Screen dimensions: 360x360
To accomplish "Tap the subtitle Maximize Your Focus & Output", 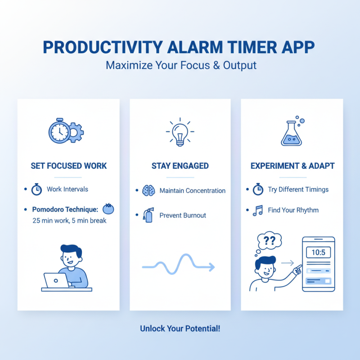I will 181,65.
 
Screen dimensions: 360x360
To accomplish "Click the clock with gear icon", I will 66,131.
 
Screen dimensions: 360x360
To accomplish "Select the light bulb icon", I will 180,132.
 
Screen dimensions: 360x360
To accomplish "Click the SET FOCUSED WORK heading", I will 69,166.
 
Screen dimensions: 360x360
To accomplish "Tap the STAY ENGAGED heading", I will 180,166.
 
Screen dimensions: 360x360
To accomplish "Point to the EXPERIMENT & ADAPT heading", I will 292,166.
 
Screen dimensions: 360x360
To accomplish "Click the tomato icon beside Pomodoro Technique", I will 108,209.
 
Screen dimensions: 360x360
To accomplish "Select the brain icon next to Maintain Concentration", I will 148,191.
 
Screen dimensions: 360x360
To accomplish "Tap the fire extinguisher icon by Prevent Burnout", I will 148,216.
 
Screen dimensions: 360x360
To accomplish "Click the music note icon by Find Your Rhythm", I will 258,210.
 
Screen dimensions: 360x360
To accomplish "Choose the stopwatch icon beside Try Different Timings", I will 258,189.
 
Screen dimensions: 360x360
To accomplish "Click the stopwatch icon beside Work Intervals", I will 36,189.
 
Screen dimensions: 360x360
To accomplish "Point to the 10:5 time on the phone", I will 318,252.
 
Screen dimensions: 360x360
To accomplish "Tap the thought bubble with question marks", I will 269,241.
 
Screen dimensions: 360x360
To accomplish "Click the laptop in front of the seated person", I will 56,280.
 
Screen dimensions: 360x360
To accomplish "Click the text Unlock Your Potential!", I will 180,328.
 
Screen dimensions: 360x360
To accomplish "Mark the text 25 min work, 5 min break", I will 69,220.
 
